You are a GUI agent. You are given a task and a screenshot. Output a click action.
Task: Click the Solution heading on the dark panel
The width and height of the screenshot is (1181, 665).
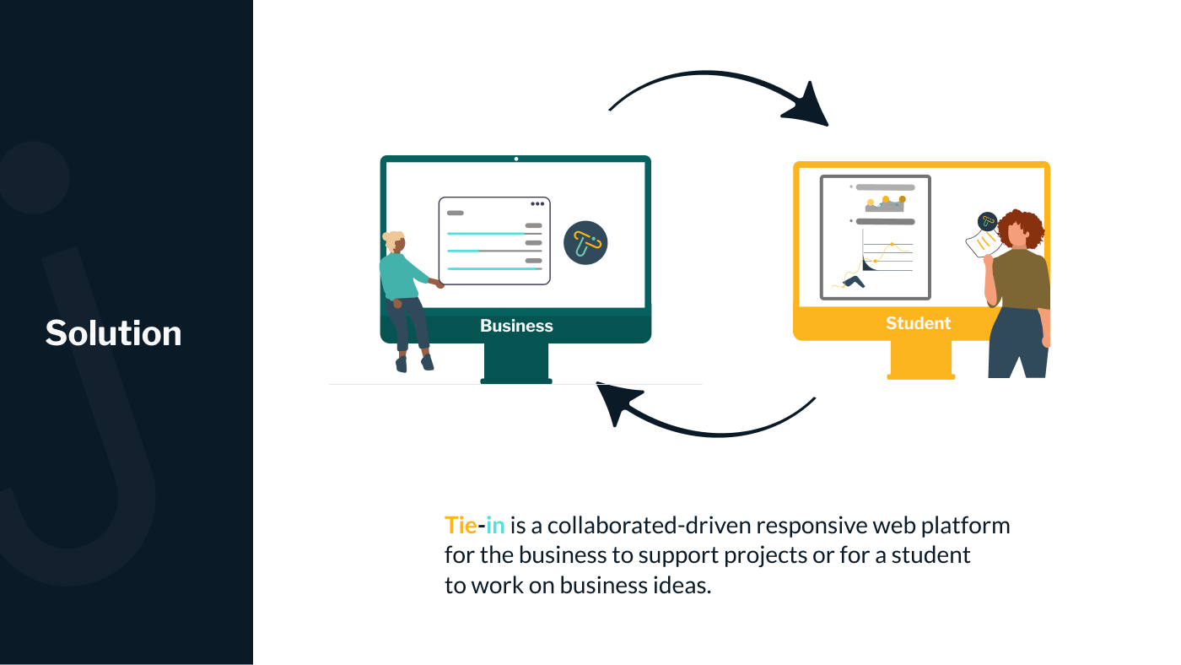(113, 333)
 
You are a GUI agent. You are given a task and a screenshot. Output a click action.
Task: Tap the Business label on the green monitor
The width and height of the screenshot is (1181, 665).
(516, 326)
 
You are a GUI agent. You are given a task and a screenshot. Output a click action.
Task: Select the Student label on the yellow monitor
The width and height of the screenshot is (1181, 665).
(918, 323)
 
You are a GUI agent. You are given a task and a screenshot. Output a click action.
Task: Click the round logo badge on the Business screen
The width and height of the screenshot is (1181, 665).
(585, 243)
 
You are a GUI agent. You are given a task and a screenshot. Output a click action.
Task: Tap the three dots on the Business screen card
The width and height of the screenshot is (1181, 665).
(537, 204)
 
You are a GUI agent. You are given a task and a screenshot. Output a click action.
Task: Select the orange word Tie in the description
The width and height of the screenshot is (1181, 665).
(461, 526)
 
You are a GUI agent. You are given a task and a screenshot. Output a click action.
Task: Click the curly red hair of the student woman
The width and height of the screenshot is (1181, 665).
(1022, 226)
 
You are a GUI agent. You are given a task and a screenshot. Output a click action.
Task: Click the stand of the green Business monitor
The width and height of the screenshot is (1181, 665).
(515, 363)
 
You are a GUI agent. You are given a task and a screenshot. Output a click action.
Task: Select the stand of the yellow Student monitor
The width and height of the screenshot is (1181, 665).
(920, 359)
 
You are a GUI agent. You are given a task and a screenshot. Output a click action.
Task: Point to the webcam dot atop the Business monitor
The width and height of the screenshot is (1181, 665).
(516, 159)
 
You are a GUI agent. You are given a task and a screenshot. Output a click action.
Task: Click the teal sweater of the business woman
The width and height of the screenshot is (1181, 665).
(400, 275)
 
